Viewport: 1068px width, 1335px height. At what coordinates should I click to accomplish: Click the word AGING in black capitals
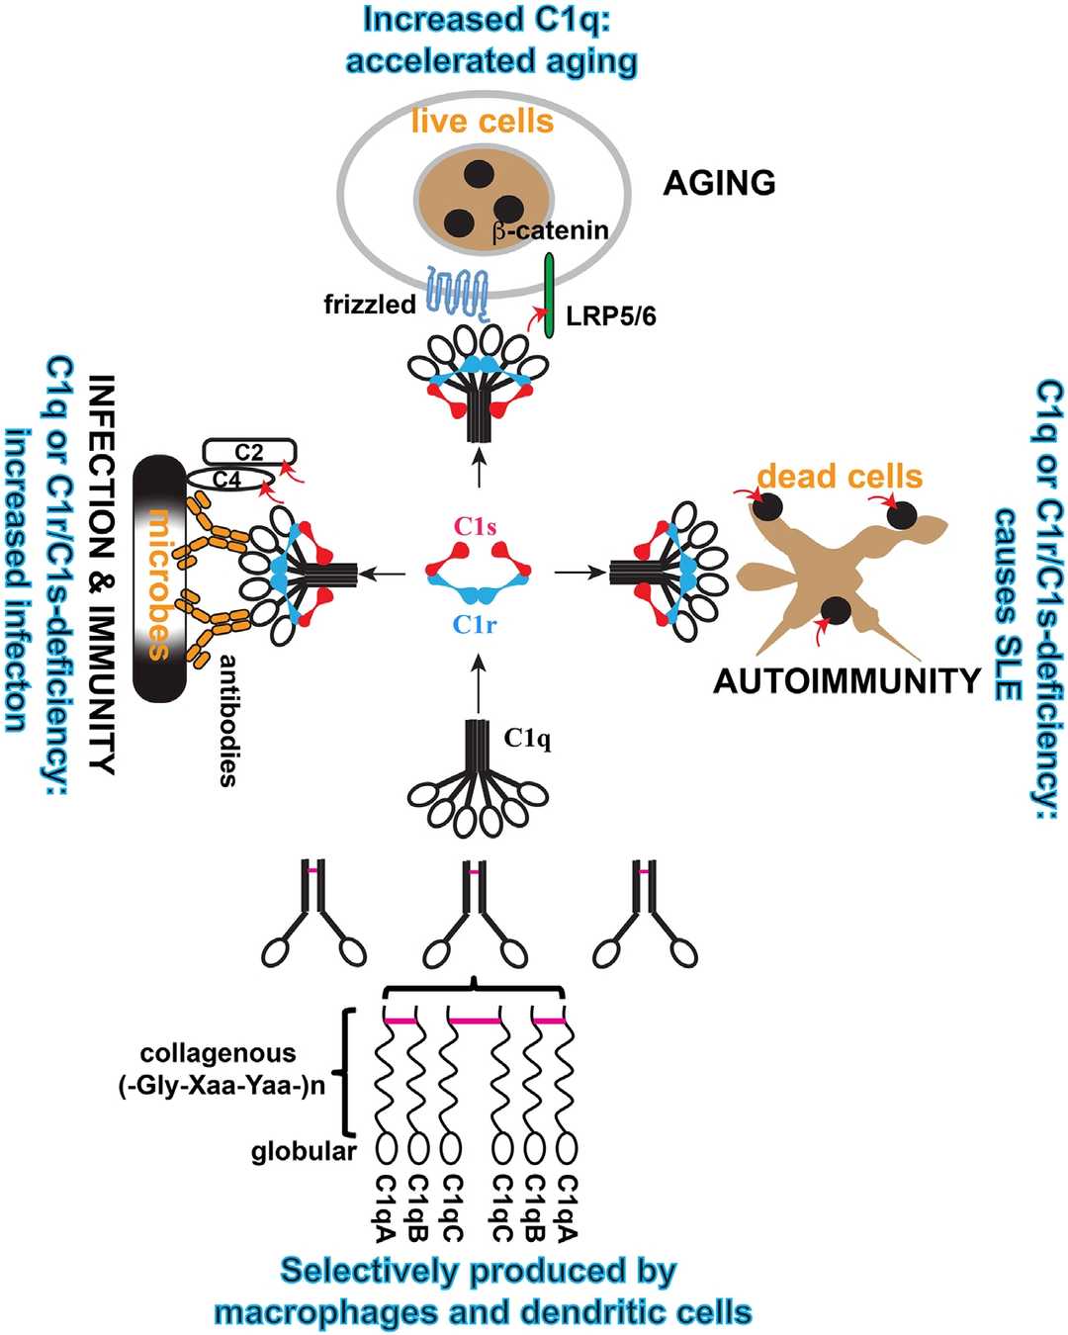[x=719, y=183]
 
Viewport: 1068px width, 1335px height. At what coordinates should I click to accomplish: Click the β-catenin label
[x=550, y=231]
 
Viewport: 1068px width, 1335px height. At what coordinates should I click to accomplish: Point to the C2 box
[x=249, y=452]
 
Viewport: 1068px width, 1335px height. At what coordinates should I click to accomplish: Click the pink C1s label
[x=476, y=527]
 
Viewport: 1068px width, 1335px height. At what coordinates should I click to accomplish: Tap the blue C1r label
[x=475, y=625]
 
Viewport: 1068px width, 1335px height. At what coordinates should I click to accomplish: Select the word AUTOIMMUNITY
[x=847, y=681]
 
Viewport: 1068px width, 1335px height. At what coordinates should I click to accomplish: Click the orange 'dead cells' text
[x=840, y=477]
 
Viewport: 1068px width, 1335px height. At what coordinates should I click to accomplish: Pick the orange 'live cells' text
[x=483, y=122]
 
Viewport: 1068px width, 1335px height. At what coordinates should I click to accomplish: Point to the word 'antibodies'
[x=228, y=720]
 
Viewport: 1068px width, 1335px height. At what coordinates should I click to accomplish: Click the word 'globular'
[x=304, y=1151]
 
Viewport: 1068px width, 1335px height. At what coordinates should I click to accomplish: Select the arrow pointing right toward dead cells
[x=580, y=572]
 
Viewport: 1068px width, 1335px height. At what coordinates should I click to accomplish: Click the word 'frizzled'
[x=370, y=305]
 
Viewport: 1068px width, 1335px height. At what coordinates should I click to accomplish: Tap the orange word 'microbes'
[x=158, y=583]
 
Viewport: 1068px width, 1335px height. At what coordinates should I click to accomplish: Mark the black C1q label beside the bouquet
[x=527, y=739]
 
